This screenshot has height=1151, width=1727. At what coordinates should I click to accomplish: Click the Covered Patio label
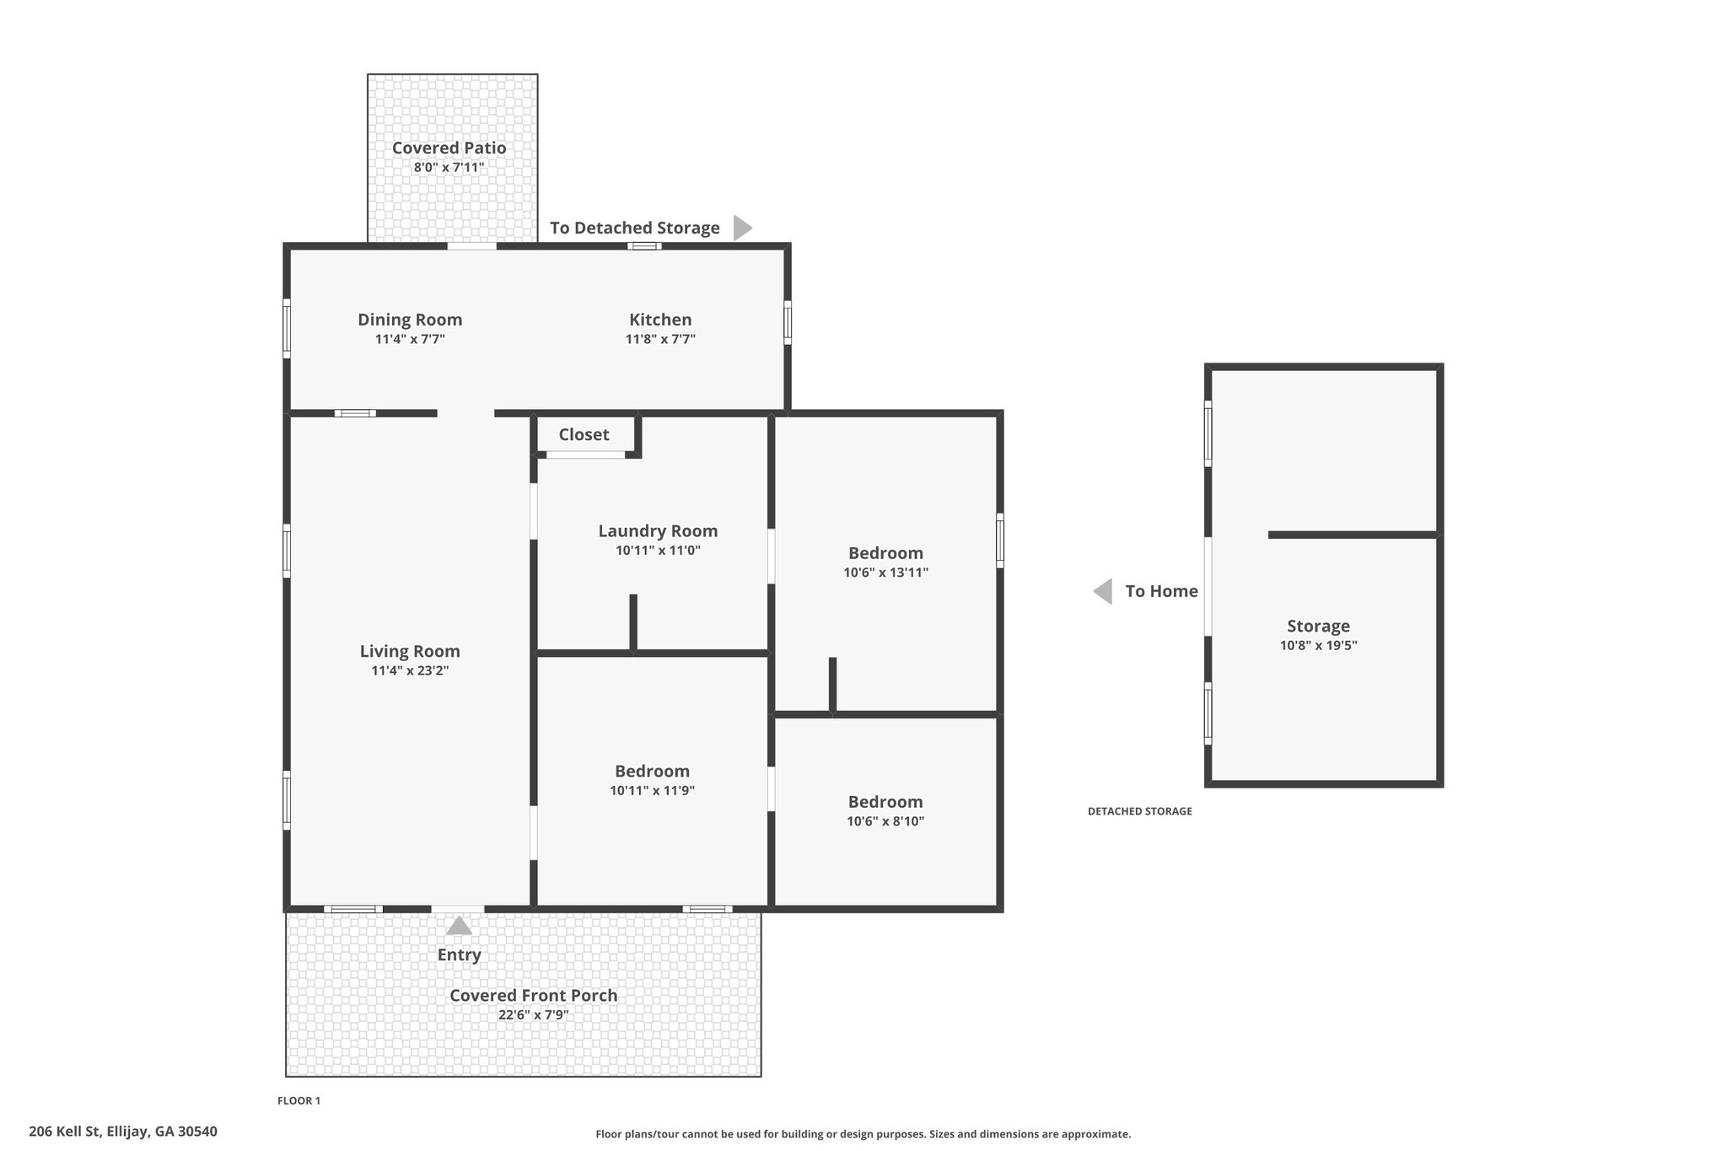click(449, 148)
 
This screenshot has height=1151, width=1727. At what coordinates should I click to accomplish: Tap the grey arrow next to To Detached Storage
click(742, 228)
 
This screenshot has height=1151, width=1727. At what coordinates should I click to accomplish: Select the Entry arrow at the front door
click(459, 926)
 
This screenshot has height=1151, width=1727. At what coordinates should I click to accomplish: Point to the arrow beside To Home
click(1102, 591)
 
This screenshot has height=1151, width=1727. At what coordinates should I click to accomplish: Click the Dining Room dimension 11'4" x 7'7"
click(410, 339)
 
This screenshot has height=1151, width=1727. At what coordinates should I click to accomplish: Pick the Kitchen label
click(660, 320)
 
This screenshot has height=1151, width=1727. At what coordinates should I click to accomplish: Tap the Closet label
click(584, 434)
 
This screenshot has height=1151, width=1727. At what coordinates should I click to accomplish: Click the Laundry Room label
click(658, 531)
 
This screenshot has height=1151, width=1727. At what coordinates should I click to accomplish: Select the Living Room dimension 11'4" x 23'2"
click(410, 671)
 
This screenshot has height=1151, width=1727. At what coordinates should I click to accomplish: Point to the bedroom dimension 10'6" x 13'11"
click(885, 573)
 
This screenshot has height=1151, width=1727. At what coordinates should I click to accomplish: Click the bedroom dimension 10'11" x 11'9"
click(652, 791)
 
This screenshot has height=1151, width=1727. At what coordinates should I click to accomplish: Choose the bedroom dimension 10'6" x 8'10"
click(885, 821)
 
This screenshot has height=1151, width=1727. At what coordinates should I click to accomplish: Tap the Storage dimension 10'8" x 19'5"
click(1318, 646)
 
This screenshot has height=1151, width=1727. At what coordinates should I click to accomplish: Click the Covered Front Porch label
click(533, 995)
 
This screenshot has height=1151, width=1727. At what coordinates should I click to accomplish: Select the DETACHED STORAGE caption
click(1139, 811)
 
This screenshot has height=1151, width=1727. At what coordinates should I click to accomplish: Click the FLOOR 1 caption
click(299, 1100)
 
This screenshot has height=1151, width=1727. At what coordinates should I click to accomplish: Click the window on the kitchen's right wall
click(788, 322)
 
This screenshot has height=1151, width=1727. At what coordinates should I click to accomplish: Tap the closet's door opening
click(585, 455)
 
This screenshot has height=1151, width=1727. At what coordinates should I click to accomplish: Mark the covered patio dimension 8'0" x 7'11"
click(449, 167)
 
